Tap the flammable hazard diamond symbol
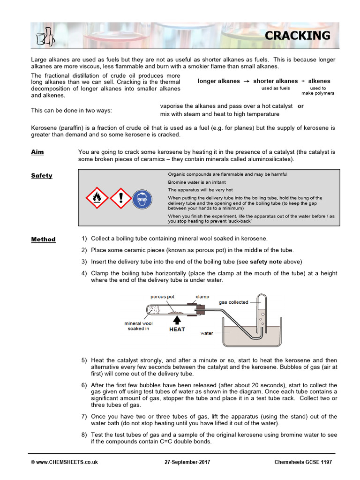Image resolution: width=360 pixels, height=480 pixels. [x=97, y=199]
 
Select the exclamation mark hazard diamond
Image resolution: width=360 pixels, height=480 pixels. [x=120, y=199]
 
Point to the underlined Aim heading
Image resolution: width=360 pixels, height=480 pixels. [x=37, y=152]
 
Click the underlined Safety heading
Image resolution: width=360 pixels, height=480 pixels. [x=42, y=176]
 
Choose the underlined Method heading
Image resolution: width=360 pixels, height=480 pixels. [x=43, y=240]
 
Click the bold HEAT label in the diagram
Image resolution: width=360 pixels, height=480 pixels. [x=177, y=329]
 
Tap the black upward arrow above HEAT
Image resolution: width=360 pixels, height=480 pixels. [x=177, y=319]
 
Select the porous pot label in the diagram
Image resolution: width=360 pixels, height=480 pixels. [x=163, y=297]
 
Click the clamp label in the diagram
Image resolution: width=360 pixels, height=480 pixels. [x=202, y=297]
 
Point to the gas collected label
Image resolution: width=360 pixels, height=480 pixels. [x=233, y=302]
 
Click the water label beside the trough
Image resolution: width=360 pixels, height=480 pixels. [x=207, y=333]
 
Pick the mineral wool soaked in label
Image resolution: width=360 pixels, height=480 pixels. [x=138, y=326]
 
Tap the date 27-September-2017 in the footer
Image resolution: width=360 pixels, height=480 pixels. [x=187, y=462]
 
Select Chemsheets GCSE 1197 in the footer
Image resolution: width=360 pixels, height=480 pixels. [x=303, y=462]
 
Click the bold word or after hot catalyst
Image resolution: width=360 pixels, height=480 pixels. [x=300, y=106]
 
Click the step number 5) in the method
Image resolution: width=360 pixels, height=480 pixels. [x=84, y=360]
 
